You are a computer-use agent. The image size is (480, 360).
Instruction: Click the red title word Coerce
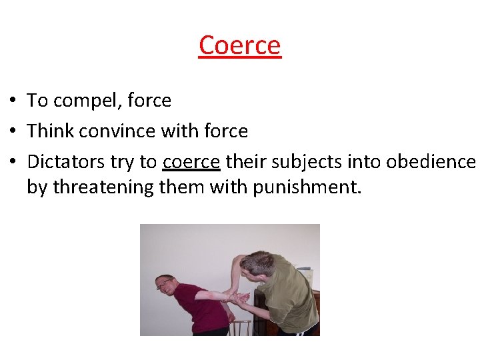[x=240, y=45]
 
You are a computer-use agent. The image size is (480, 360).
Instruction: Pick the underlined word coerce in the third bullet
[x=191, y=162]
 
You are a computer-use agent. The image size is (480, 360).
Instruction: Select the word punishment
[x=307, y=188]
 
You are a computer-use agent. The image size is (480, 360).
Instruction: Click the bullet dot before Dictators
[x=13, y=162]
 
